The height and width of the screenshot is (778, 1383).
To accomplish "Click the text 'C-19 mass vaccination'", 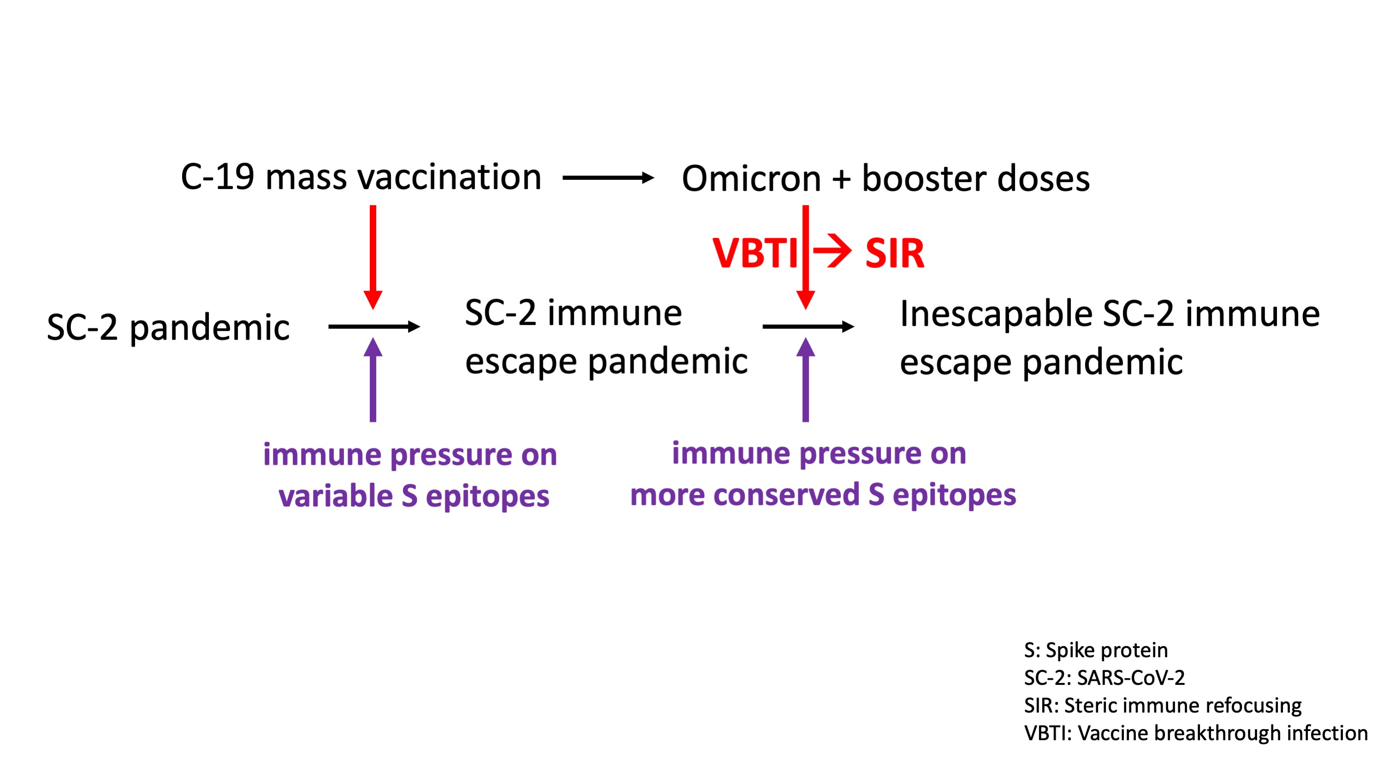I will (361, 177).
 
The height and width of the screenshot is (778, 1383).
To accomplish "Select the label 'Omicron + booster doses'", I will (885, 178).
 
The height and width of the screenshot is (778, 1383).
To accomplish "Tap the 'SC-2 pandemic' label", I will (168, 327).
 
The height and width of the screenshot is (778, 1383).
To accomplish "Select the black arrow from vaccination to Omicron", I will (608, 178).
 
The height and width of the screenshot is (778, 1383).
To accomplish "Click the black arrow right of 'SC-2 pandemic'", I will (374, 327).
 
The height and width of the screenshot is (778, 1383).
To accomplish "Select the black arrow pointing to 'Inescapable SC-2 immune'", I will (807, 327).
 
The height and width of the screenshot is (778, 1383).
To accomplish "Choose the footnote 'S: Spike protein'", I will (1096, 650).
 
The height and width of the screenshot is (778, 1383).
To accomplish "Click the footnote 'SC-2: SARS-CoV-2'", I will (1104, 677).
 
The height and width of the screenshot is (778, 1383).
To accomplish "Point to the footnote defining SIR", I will (1163, 706).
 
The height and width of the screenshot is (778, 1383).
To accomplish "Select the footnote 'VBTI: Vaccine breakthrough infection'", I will (1196, 733).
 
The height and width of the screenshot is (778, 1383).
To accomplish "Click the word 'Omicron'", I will (751, 178).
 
